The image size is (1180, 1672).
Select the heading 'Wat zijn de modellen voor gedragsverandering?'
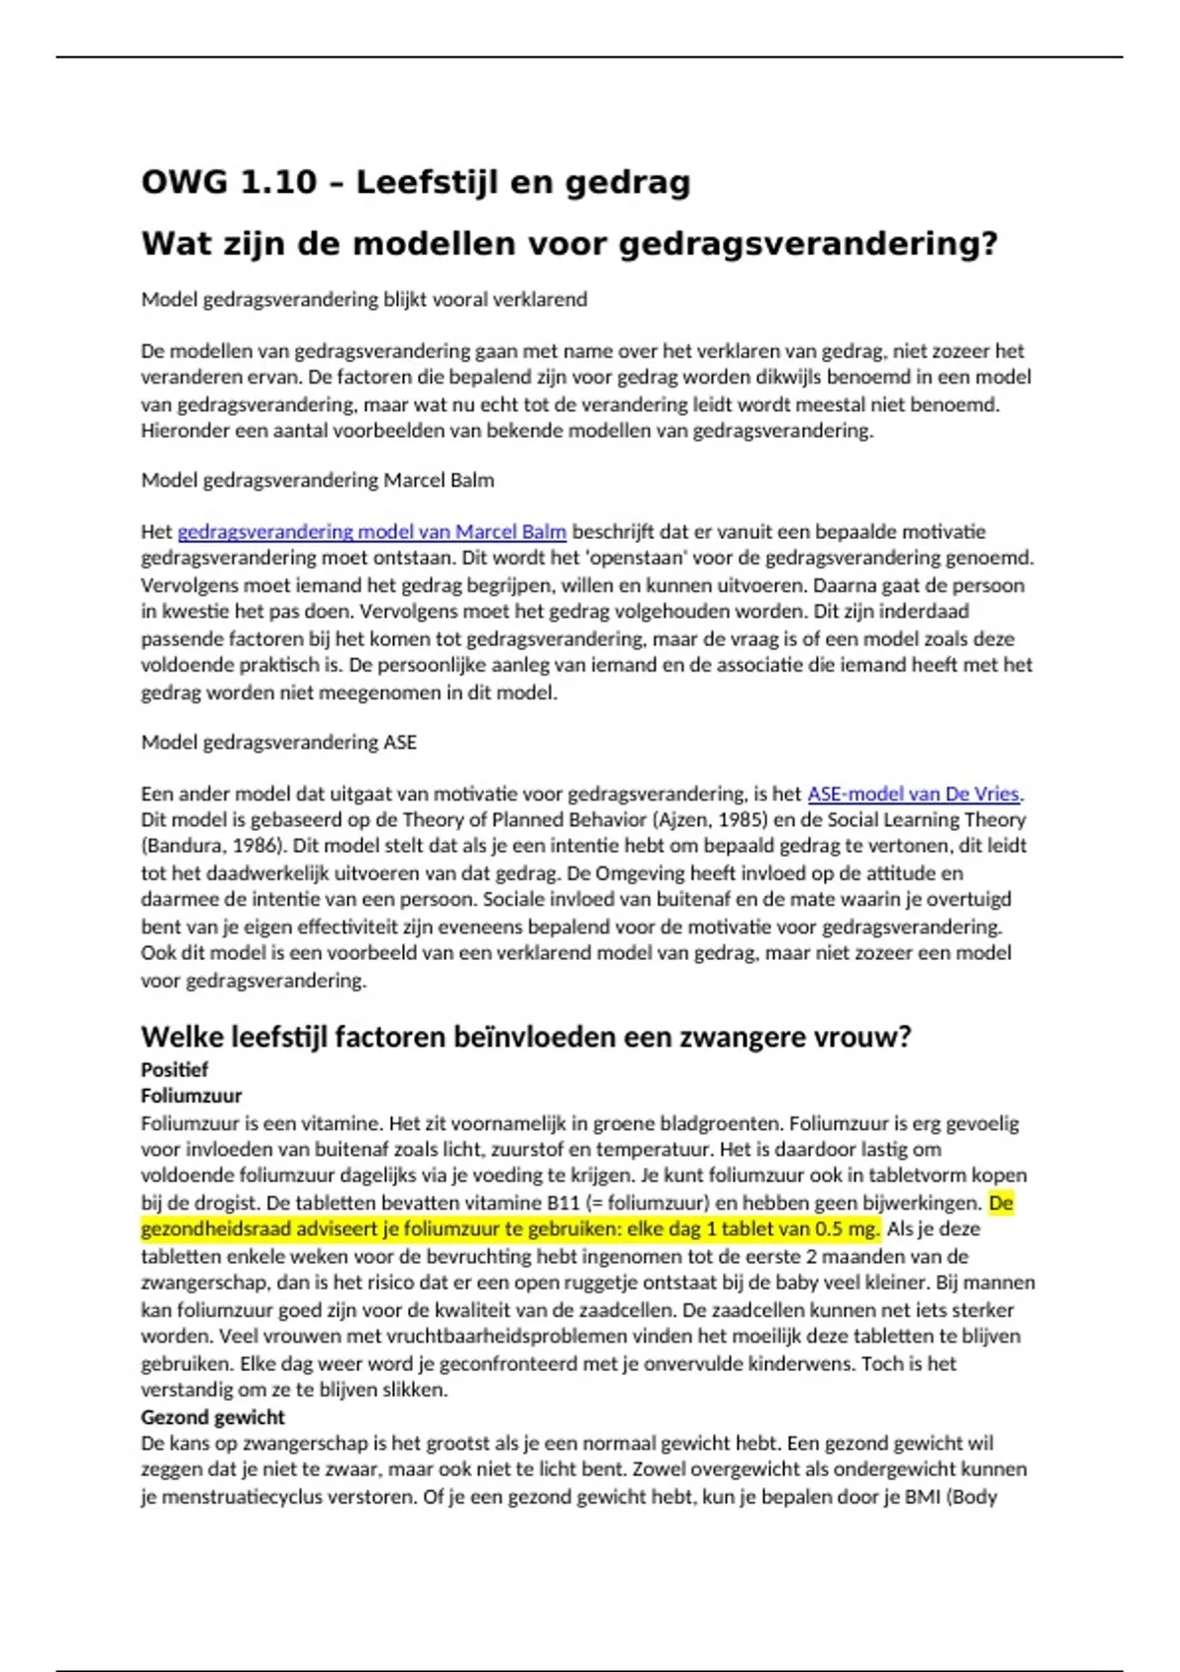point(569,243)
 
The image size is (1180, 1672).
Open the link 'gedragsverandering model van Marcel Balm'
point(372,532)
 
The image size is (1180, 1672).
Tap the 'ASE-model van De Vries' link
point(913,794)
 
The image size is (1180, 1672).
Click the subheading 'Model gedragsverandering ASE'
point(278,742)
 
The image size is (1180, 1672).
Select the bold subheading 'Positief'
point(174,1069)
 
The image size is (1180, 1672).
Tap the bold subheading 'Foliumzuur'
point(191,1096)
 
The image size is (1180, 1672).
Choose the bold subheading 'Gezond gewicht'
point(212,1417)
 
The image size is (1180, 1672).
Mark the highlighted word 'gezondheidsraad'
point(205,1229)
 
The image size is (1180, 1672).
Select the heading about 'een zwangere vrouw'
point(526,1037)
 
